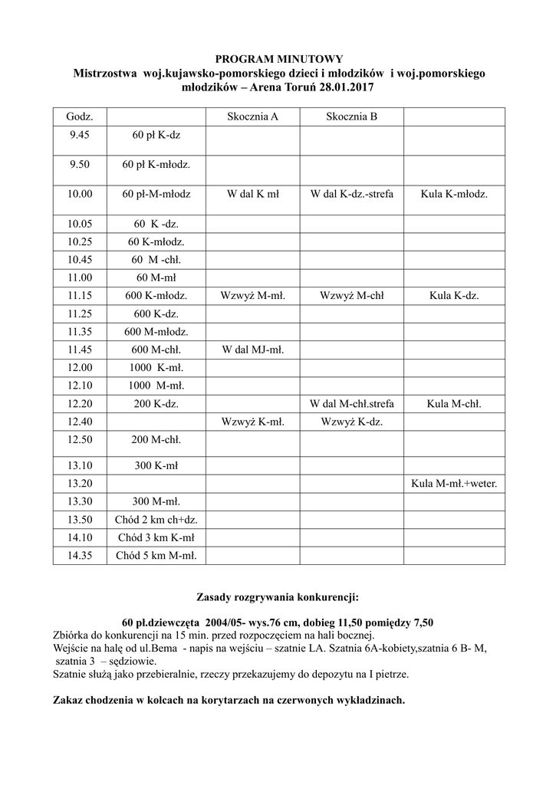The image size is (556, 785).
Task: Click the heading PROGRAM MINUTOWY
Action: click(278, 59)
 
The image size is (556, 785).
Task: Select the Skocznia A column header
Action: click(252, 117)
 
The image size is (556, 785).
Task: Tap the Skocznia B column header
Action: click(351, 117)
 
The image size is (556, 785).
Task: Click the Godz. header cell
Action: click(80, 117)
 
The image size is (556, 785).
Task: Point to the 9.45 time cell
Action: click(80, 135)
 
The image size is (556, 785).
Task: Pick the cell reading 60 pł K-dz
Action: click(156, 135)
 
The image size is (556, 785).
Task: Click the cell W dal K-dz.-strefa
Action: click(351, 194)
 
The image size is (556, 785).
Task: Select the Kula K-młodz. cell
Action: click(454, 194)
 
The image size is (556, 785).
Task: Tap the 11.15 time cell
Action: click(80, 294)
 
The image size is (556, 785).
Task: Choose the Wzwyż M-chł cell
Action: click(351, 294)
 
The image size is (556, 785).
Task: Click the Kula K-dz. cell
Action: click(454, 294)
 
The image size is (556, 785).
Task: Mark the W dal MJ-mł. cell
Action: click(252, 350)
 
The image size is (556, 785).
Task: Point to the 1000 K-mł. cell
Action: click(156, 367)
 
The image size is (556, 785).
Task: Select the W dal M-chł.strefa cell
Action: click(351, 404)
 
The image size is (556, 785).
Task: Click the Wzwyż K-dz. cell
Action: click(351, 422)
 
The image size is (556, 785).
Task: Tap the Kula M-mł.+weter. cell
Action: click(454, 483)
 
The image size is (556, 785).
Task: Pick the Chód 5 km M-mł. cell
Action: click(156, 556)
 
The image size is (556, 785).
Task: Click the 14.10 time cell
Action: click(80, 537)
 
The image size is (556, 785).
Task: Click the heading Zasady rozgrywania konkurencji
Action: click(278, 596)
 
